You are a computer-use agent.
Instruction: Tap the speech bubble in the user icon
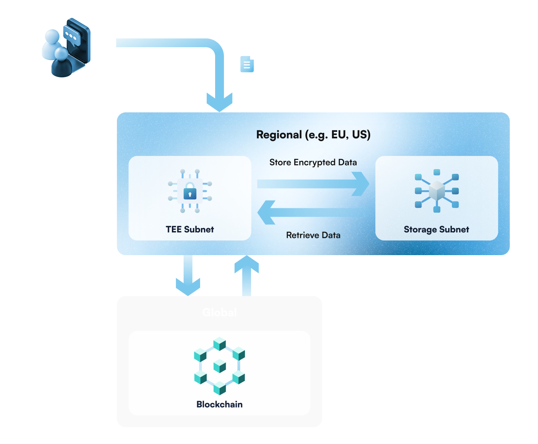click(x=71, y=36)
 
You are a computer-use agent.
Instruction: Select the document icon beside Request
click(x=247, y=64)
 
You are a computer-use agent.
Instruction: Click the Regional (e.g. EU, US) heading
click(x=313, y=135)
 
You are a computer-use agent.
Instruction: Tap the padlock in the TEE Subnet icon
click(x=190, y=191)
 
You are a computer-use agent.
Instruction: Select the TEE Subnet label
click(x=190, y=230)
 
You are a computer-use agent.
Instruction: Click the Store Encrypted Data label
click(x=313, y=162)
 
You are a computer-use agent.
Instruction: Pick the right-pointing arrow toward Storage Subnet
click(x=313, y=183)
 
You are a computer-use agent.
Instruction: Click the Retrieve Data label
click(x=313, y=235)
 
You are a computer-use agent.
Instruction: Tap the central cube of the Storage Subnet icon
click(x=437, y=190)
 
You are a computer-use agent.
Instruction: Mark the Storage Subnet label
click(x=436, y=230)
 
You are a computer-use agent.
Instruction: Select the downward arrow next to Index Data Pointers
click(x=188, y=278)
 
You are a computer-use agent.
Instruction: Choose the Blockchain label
click(x=220, y=404)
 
